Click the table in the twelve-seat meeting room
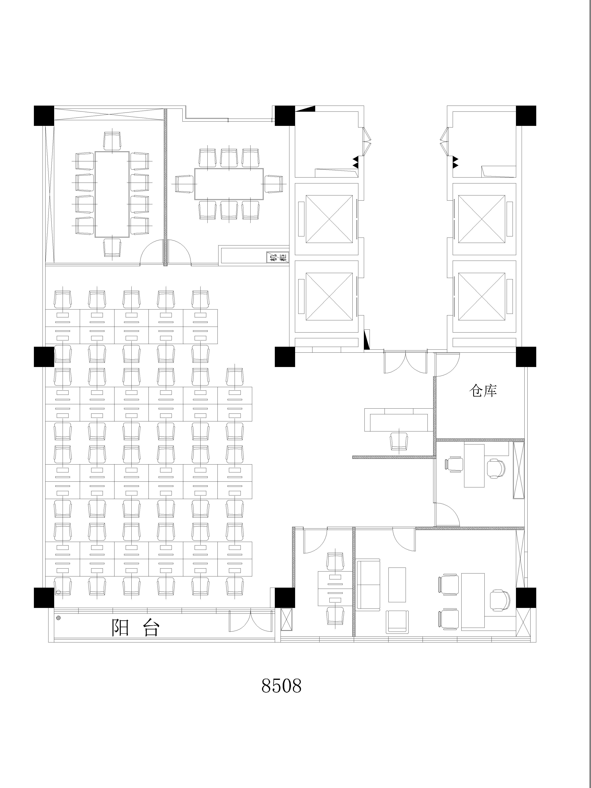point(112,194)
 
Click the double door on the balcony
point(252,622)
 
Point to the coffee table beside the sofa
point(397,584)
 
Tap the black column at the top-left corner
point(44,115)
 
